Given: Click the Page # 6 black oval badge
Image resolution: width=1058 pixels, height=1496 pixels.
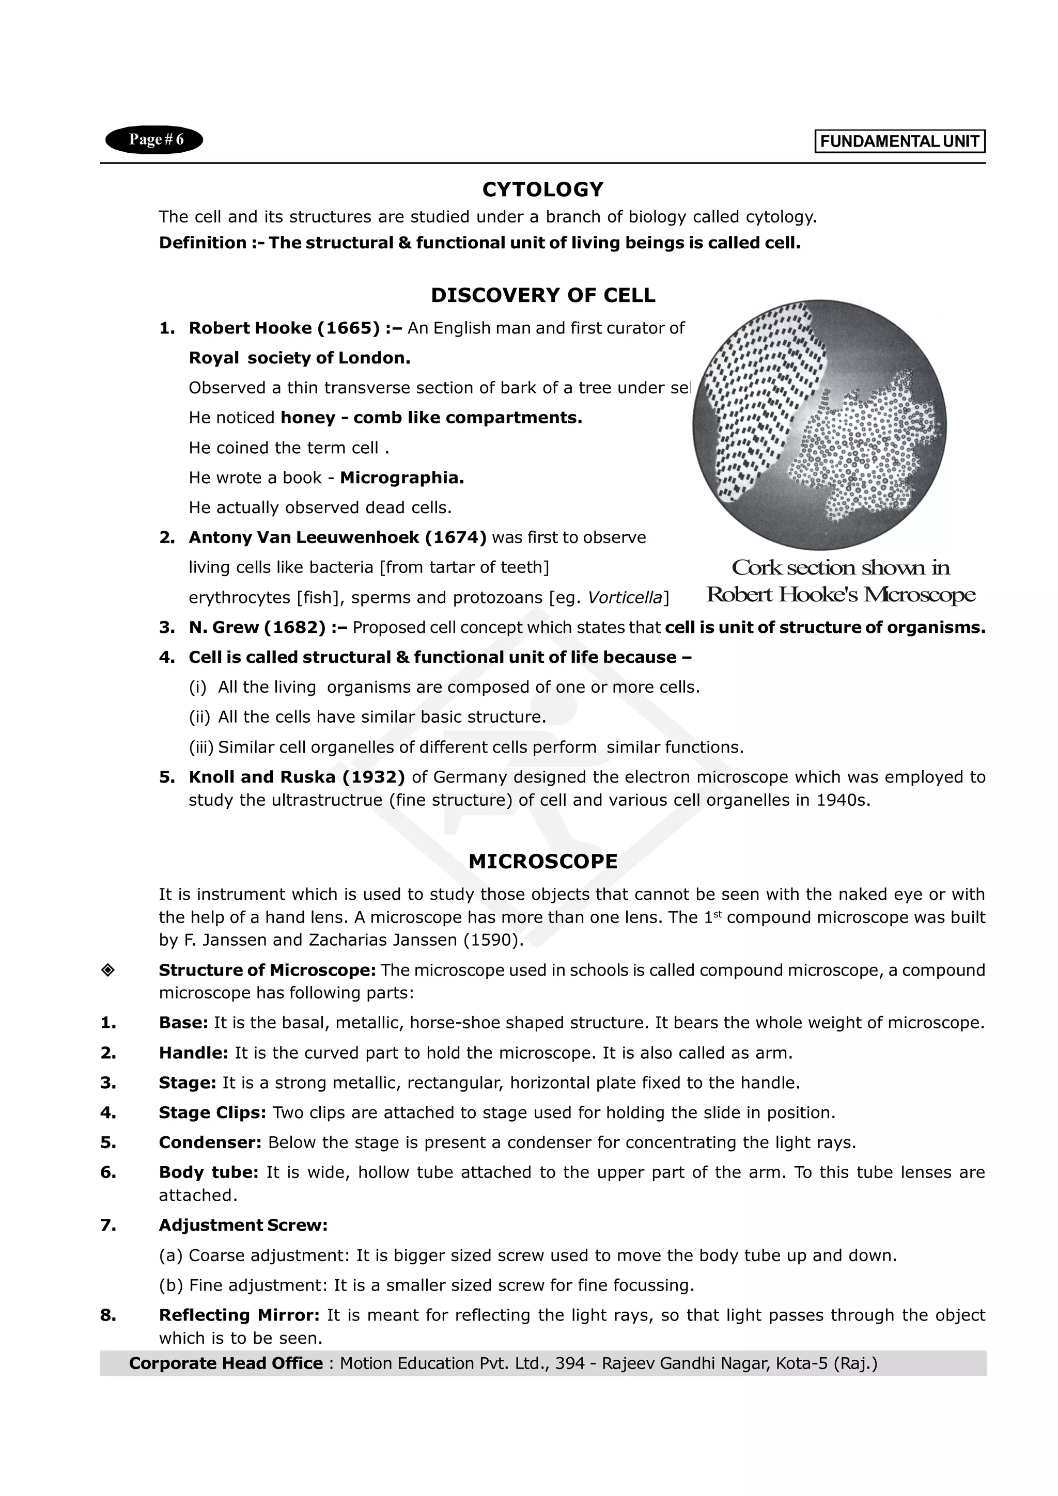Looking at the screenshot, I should point(154,140).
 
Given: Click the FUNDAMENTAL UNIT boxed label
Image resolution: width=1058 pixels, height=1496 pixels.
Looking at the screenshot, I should point(899,142).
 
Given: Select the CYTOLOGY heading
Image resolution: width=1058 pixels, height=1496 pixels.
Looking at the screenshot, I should point(542,189).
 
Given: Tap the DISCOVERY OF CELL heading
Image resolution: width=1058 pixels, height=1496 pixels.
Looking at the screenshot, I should point(542,296).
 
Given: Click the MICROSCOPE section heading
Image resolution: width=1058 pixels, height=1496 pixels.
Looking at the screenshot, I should point(542,862).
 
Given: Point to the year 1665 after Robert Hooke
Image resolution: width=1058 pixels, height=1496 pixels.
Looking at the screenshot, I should point(348,328).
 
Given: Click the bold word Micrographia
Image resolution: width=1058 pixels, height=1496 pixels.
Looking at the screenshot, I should point(401,478).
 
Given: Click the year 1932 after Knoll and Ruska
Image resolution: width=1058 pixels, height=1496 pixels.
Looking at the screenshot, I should point(374,777).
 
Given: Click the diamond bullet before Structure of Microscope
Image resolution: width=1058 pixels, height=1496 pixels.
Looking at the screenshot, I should point(108,970).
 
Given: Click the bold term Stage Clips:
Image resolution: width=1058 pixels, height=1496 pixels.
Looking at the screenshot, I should point(212,1112).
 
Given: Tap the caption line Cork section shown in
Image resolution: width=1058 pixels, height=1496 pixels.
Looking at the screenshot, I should point(841,567).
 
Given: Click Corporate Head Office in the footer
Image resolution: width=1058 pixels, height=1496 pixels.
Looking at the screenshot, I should point(226,1363).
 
